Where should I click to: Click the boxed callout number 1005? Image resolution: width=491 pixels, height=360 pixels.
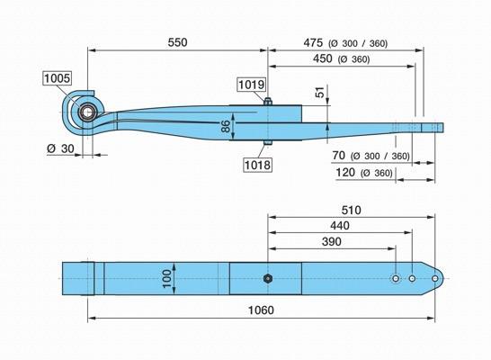coord(57,78)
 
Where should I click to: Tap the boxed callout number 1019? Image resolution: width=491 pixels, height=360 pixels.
coord(252,85)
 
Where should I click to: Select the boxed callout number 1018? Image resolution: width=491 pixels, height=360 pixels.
coord(257,165)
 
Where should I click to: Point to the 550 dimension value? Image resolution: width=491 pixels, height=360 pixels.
coord(177,42)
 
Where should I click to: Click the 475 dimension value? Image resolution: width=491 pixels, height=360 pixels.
coord(313,43)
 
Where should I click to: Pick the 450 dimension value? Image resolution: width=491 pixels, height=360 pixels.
coord(323,58)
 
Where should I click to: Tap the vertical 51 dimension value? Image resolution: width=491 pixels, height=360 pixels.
coord(320,93)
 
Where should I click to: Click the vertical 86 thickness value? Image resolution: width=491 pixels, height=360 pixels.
coord(226,126)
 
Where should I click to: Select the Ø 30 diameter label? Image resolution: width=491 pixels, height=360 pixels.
coord(61,148)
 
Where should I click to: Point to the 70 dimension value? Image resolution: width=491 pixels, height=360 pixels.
coord(339,156)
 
